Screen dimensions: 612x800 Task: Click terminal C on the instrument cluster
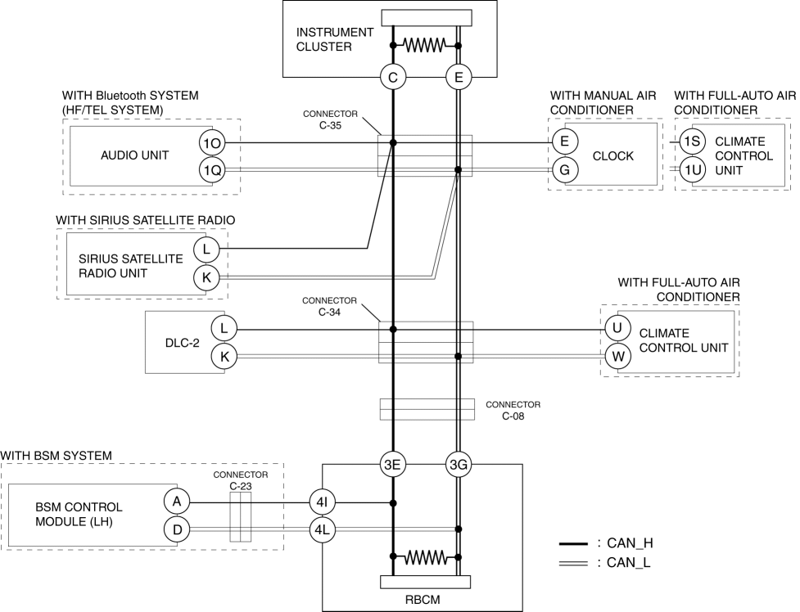click(393, 78)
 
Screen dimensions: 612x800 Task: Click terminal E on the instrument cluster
click(459, 78)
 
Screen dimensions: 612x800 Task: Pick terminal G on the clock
click(564, 169)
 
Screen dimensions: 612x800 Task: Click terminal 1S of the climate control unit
click(693, 142)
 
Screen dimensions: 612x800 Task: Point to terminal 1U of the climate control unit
click(693, 169)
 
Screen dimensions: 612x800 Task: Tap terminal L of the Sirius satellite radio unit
click(206, 248)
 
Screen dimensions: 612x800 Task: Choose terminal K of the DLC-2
click(224, 356)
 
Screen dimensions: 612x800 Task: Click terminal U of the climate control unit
click(617, 329)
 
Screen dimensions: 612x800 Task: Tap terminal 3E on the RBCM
click(393, 466)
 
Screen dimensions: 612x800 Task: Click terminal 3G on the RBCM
click(459, 466)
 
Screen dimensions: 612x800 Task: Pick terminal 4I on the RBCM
click(322, 502)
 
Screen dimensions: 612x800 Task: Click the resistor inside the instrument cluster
click(425, 45)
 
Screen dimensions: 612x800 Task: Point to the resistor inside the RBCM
click(425, 558)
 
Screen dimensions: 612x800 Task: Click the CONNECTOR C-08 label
click(513, 410)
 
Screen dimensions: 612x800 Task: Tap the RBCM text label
click(423, 600)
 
